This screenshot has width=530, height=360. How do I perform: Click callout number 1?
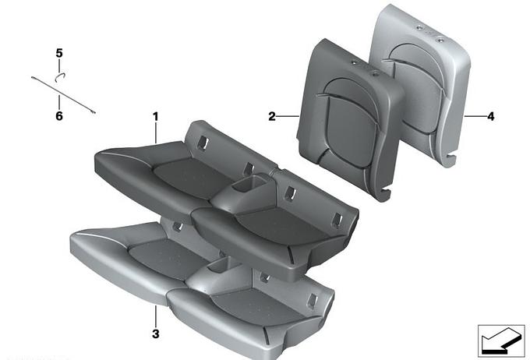(155, 117)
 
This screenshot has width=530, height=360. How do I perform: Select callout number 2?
(272, 117)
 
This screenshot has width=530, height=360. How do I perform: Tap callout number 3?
(155, 334)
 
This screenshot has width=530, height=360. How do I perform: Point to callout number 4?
(490, 117)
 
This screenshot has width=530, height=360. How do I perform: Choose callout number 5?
(59, 53)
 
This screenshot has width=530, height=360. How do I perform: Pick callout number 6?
(59, 116)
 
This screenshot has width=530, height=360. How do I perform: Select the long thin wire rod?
(64, 95)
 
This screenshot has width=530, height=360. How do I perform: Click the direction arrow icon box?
(501, 341)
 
